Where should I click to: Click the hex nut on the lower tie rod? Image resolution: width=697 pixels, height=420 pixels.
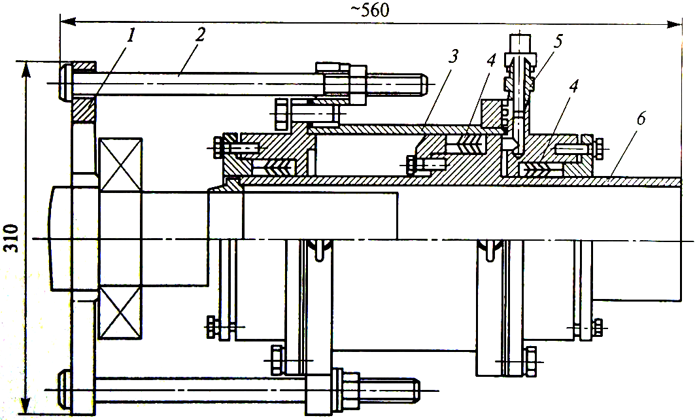pyautogui.click(x=345, y=387)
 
